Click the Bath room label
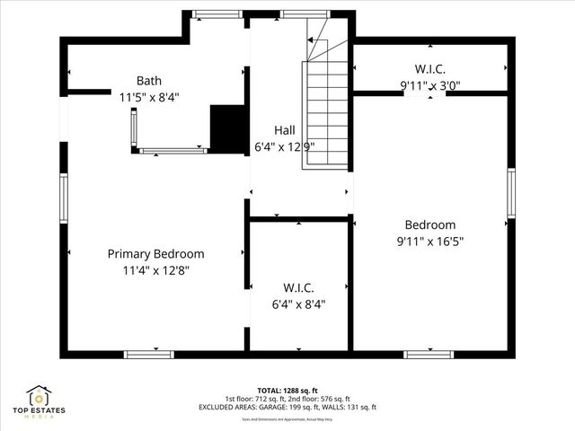[x=149, y=81]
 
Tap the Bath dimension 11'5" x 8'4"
[x=149, y=97]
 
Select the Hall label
[x=284, y=130]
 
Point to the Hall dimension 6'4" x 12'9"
[x=284, y=146]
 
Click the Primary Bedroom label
[x=156, y=254]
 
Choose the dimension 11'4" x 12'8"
[x=156, y=270]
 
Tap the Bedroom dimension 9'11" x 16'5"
[x=429, y=241]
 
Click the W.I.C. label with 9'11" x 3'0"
[x=429, y=68]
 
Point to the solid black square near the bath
[x=227, y=128]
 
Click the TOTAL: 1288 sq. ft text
[x=287, y=391]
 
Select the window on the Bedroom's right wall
[x=510, y=192]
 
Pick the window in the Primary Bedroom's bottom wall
[x=149, y=354]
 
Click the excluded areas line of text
[x=287, y=407]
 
